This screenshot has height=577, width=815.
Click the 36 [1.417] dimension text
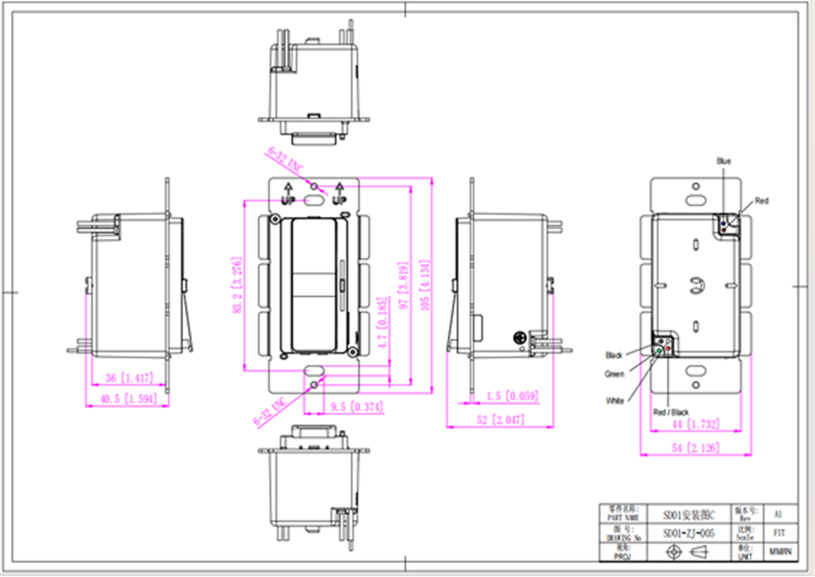(x=123, y=378)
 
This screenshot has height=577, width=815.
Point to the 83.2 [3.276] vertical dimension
(x=236, y=285)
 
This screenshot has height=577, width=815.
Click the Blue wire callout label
(x=723, y=162)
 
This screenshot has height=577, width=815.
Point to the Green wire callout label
(x=614, y=373)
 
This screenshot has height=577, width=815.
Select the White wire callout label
(x=614, y=401)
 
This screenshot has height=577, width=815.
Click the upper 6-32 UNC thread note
(x=283, y=161)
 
